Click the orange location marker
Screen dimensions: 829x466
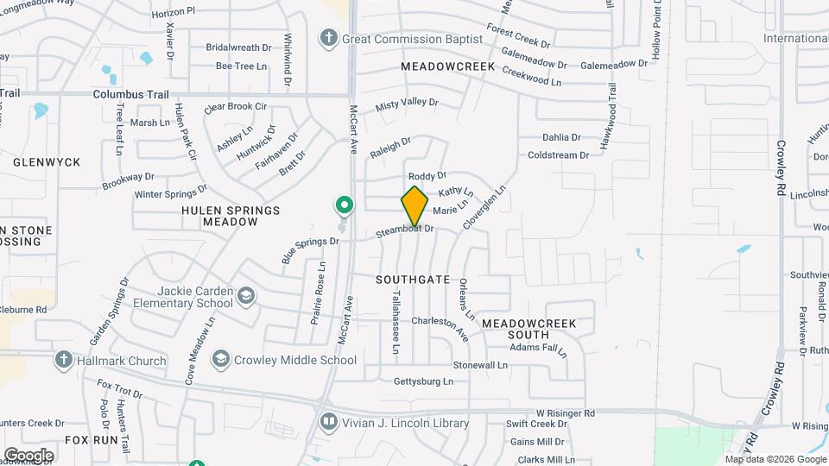click(x=414, y=205)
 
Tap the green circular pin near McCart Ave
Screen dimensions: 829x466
click(x=345, y=205)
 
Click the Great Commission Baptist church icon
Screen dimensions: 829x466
click(x=328, y=38)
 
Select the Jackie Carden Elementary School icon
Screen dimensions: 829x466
click(x=246, y=297)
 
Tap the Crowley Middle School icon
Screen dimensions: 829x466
click(x=221, y=360)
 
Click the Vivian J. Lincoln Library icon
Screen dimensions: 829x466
click(x=328, y=423)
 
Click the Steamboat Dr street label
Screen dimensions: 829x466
click(x=404, y=231)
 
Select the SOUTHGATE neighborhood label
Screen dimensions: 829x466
click(x=413, y=280)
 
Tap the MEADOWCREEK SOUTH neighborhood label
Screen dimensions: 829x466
click(x=516, y=329)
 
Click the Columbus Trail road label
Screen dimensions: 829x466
click(x=130, y=95)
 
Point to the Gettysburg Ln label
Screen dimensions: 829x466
click(x=423, y=381)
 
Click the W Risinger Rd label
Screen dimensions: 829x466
click(x=565, y=413)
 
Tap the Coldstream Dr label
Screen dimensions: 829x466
click(x=558, y=155)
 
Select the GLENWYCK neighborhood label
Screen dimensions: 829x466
click(x=47, y=162)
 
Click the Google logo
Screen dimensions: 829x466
click(x=28, y=455)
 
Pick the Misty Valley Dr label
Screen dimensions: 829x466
click(x=407, y=104)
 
